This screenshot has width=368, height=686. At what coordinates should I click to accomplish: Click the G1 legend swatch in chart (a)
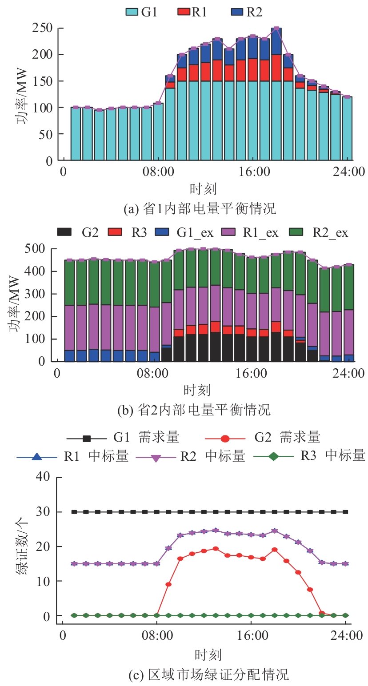132,12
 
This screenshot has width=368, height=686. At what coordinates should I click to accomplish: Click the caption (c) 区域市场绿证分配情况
208,675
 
